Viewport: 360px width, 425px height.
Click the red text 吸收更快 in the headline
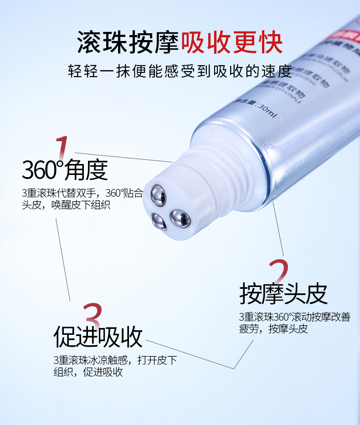(232, 42)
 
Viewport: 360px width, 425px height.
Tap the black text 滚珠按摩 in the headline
(129, 42)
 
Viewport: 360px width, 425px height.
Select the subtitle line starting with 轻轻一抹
(180, 71)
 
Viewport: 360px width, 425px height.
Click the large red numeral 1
(62, 148)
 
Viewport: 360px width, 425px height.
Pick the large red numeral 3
(93, 316)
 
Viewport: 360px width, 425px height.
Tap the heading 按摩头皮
(283, 294)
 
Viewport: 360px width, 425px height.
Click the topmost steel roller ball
(159, 193)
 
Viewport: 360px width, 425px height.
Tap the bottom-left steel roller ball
(159, 221)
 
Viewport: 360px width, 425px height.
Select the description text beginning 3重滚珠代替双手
(82, 193)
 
